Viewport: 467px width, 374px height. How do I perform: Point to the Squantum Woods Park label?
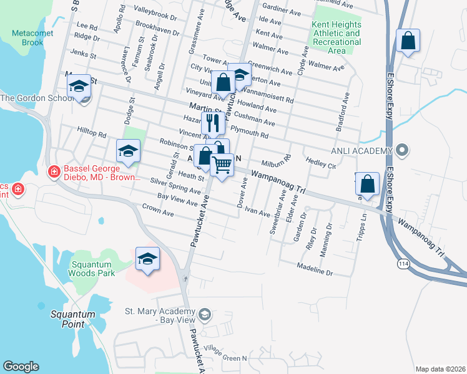click(91, 268)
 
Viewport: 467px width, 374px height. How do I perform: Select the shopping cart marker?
click(222, 165)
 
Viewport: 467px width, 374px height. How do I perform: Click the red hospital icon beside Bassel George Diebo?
click(54, 170)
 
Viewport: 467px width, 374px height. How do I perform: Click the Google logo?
click(21, 367)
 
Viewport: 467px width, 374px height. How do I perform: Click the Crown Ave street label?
click(158, 209)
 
